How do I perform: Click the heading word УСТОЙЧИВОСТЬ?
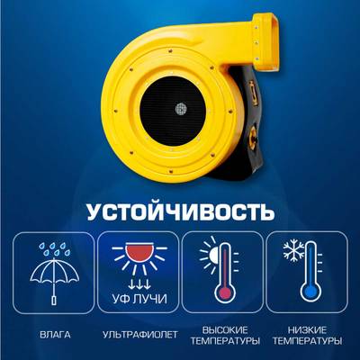181,213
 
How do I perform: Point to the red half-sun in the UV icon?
139,252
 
